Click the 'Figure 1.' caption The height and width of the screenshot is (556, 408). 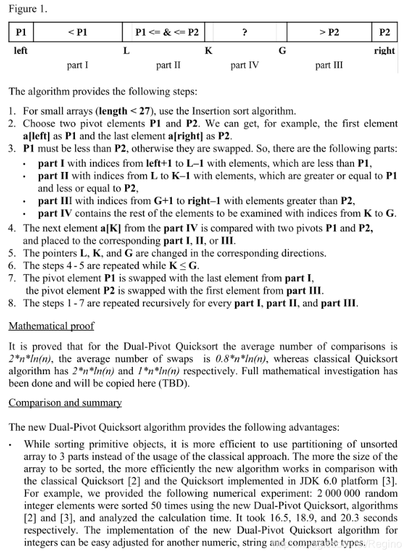[x=28, y=9]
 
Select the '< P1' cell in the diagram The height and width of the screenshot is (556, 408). [x=78, y=32]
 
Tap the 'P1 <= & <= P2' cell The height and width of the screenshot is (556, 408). [x=166, y=32]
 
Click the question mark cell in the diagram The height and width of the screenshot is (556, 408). [x=245, y=32]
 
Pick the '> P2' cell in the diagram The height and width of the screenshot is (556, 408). [x=329, y=32]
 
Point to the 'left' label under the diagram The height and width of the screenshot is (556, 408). [x=20, y=51]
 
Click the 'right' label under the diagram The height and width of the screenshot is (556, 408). [x=384, y=51]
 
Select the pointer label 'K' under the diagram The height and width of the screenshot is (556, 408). [x=209, y=51]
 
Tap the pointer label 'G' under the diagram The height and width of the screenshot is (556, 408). [x=282, y=51]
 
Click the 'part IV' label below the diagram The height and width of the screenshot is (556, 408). [x=245, y=65]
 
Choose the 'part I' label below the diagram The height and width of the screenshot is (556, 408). [x=78, y=65]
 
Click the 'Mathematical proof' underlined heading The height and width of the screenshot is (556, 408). [x=51, y=326]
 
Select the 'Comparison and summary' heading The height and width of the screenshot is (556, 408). [x=65, y=403]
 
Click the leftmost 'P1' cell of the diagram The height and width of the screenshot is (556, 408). [x=21, y=32]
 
